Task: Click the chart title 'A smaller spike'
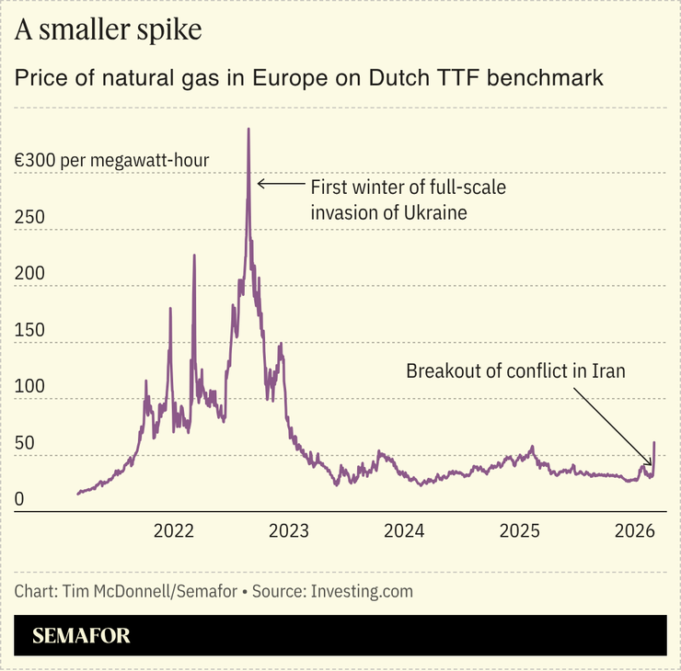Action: pos(108,30)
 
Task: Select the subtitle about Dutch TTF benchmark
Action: pos(308,78)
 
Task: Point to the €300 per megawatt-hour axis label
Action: pos(111,161)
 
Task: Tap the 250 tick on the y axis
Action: pos(29,218)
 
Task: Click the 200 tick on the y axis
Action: pos(29,274)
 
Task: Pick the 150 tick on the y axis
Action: pos(29,331)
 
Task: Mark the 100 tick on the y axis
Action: pos(29,387)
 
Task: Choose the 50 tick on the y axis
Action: pos(25,444)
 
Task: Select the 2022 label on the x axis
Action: pos(173,531)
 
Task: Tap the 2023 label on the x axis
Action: pos(288,531)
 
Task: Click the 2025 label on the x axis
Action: pos(519,531)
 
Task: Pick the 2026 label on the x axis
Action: pos(634,531)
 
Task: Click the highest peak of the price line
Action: pos(248,130)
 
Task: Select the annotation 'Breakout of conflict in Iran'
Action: pos(515,371)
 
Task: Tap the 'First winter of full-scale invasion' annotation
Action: pos(408,199)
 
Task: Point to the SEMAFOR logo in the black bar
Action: pos(81,635)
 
